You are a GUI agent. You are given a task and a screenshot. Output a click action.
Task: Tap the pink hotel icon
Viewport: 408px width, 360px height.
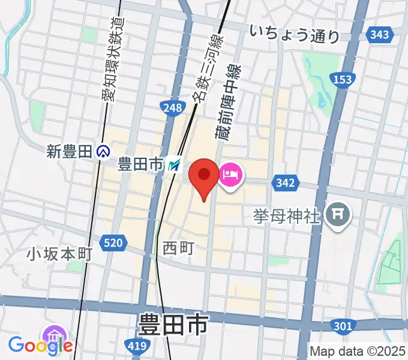coord(231,176)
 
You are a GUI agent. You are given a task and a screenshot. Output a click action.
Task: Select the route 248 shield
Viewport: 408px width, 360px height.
coord(172,108)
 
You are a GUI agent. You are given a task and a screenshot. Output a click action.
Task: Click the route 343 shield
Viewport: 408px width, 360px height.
coord(380,35)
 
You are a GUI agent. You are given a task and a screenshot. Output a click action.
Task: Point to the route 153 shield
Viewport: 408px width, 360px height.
coord(343,80)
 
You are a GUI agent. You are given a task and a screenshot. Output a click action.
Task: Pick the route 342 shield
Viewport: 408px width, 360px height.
coord(286,182)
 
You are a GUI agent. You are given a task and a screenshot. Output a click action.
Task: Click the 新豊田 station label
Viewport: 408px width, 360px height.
coord(71,152)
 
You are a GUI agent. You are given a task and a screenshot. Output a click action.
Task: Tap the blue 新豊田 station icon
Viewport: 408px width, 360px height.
coord(104,152)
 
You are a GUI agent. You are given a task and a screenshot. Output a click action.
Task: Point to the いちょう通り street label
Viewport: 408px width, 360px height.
coord(295,34)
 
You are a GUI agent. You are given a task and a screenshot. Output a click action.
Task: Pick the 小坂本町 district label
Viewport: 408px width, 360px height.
coord(59,254)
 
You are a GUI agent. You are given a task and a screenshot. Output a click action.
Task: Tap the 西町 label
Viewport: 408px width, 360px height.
coord(178,247)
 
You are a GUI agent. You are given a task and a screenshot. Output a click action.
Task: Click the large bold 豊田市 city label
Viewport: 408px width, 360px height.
coord(173,326)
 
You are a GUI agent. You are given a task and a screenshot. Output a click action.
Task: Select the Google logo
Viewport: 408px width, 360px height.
coord(41,345)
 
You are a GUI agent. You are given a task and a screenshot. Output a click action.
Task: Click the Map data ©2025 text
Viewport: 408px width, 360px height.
coord(358,351)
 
